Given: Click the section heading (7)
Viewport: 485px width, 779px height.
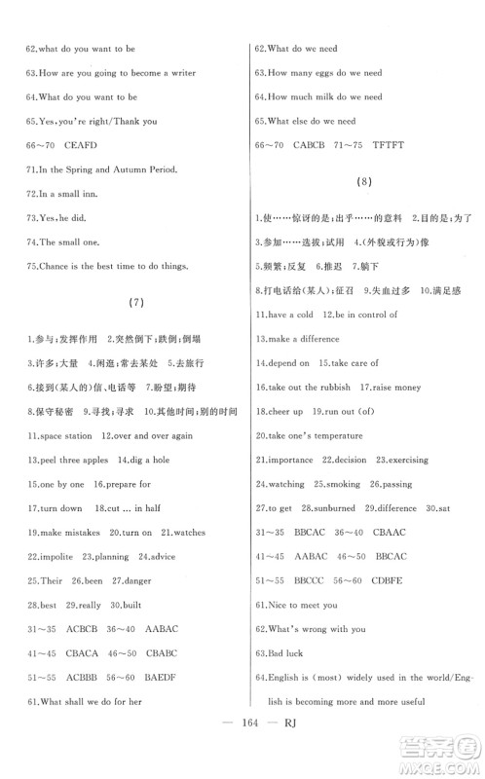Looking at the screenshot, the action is pos(136,303).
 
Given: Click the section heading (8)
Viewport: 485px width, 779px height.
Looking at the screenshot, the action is pos(364,182).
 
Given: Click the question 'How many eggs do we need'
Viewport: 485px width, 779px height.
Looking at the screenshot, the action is pos(325,73).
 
